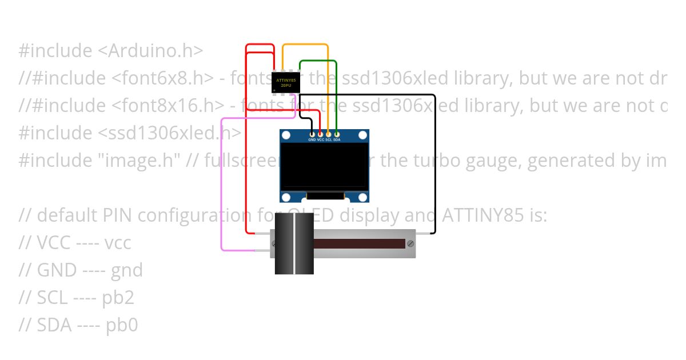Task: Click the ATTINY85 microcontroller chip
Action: (x=286, y=82)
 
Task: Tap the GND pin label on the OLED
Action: (x=312, y=140)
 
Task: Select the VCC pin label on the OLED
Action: (x=320, y=140)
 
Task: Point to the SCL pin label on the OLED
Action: (x=329, y=140)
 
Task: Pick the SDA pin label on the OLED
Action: (x=337, y=140)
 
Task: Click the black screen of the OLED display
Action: (x=324, y=166)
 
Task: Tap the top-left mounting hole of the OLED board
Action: (x=286, y=135)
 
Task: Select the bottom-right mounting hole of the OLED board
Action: (x=362, y=198)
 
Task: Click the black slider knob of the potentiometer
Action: (x=294, y=244)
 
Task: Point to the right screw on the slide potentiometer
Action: (x=410, y=244)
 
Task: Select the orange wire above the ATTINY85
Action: (x=306, y=45)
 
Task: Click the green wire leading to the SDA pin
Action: (x=336, y=91)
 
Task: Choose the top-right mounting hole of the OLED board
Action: (x=362, y=135)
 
